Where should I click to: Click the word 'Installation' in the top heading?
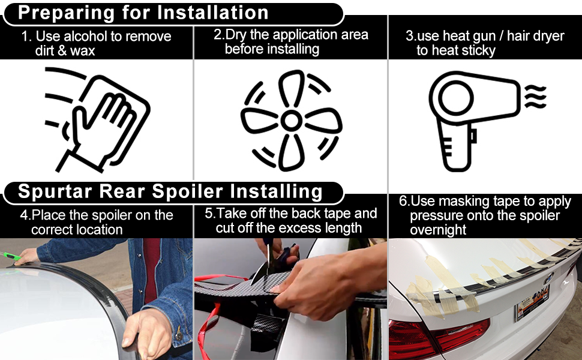click(212, 12)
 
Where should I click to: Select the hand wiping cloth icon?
click(97, 119)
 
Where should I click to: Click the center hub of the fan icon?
click(291, 121)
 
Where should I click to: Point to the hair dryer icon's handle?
click(457, 148)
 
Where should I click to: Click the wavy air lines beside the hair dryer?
click(535, 97)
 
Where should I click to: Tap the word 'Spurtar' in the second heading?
click(55, 191)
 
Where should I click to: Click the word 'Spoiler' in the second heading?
click(187, 191)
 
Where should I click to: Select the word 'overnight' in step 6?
click(438, 230)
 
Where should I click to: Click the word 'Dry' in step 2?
click(236, 35)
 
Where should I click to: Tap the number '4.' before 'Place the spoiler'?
click(25, 215)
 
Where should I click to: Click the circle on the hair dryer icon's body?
click(456, 98)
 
